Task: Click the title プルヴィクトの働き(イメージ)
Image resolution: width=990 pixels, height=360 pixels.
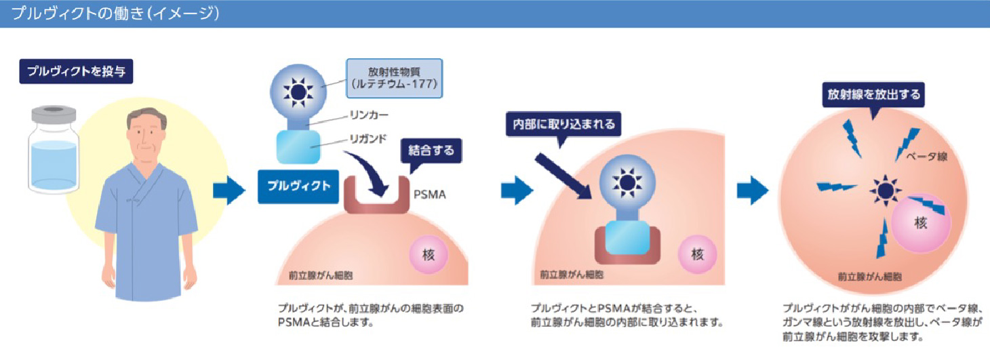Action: coord(115,14)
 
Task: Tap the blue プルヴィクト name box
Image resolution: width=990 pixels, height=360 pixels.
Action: coord(298,186)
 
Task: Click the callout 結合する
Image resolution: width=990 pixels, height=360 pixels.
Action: coord(431,151)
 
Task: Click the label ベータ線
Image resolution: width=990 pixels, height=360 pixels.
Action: coord(926,157)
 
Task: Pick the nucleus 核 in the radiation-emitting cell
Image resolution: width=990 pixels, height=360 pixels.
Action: coord(920,223)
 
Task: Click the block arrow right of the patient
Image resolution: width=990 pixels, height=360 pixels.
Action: coord(229,193)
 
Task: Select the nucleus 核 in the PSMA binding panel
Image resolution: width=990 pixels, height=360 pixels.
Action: coord(428,255)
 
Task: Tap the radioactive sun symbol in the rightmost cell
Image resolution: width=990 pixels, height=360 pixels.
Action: coord(884,191)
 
